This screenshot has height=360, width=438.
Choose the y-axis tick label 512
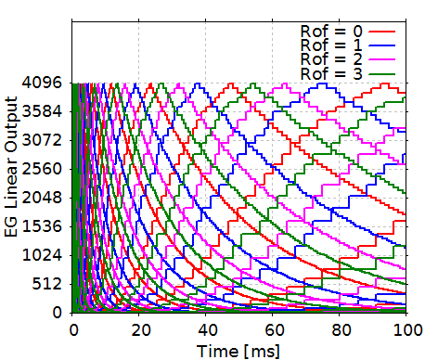pyautogui.click(x=47, y=284)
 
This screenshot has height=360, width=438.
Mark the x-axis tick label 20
pyautogui.click(x=139, y=329)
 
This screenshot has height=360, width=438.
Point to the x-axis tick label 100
pyautogui.click(x=406, y=329)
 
